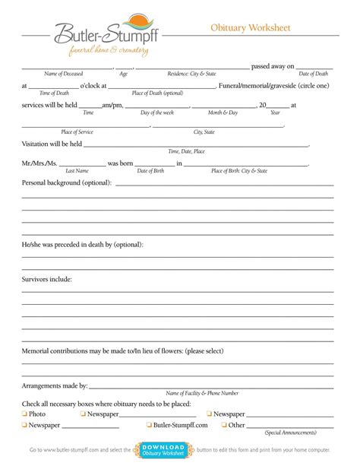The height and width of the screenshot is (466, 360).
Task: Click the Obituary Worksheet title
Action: tap(251, 28)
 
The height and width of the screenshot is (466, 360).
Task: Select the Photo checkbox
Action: tap(24, 414)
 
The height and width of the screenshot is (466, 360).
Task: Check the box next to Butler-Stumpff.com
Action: tap(148, 426)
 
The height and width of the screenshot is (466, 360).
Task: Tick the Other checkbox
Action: tap(224, 426)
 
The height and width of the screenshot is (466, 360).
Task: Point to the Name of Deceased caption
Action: tap(63, 74)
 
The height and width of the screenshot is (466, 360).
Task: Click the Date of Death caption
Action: tap(313, 74)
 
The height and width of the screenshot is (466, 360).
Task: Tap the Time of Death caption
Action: tap(54, 93)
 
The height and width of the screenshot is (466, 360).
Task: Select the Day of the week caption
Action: tap(157, 113)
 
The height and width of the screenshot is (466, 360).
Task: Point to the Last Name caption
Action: tap(77, 171)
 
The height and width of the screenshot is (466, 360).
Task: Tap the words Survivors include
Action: tap(47, 280)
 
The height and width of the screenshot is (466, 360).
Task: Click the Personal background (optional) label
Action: tap(67, 183)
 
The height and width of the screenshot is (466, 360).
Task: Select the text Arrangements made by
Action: tap(55, 386)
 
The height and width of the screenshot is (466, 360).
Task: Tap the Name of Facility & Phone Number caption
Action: tap(202, 393)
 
